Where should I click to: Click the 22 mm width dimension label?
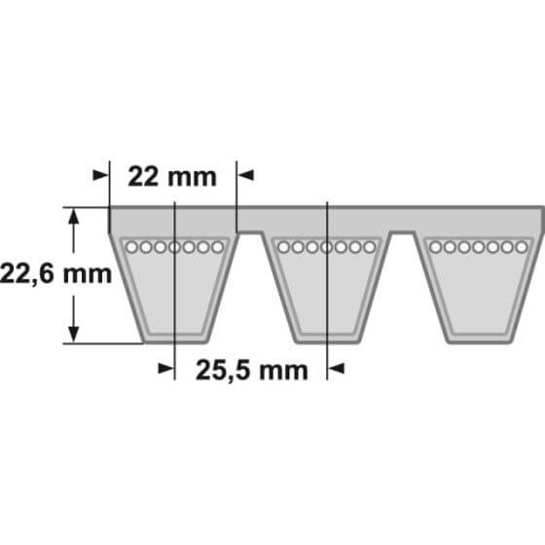coord(172,177)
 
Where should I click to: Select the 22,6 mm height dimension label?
coord(56,273)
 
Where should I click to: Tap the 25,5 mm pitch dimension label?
coord(252,371)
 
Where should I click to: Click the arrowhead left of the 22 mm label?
coord(101,175)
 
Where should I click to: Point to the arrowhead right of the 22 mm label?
coord(245,175)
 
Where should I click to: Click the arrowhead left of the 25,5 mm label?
coord(165,369)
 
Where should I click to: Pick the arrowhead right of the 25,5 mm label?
coord(336,369)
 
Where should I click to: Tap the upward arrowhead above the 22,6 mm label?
coord(73,216)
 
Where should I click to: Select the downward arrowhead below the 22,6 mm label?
coord(73,335)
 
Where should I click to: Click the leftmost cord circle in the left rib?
coord(131,247)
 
